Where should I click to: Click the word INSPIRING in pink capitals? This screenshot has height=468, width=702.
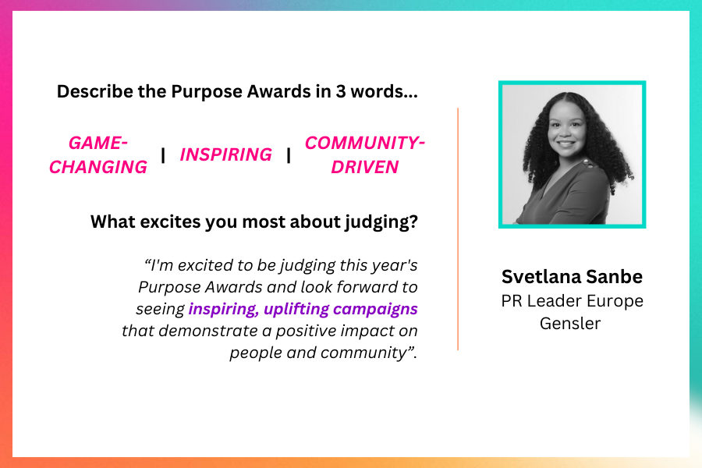click(x=226, y=154)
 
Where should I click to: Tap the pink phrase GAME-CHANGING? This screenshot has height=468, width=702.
click(x=98, y=155)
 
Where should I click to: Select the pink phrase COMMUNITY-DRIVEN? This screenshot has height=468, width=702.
click(x=365, y=155)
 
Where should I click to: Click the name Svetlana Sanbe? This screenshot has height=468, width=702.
click(x=572, y=276)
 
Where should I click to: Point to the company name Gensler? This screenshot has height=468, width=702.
click(x=570, y=324)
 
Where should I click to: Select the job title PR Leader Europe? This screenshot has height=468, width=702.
click(x=573, y=301)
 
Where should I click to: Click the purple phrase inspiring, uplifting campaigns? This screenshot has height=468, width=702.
click(x=303, y=310)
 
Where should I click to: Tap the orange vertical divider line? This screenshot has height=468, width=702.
click(x=458, y=229)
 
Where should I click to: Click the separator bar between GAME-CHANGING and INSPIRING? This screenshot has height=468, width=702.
click(x=163, y=155)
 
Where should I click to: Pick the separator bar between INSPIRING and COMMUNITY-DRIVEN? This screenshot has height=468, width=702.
click(x=289, y=155)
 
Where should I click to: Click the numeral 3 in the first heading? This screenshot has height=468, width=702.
click(x=341, y=91)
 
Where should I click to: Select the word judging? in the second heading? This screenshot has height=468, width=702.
click(x=381, y=222)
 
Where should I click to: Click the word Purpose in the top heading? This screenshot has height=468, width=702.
click(x=207, y=92)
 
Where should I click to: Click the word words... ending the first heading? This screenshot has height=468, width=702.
click(x=384, y=91)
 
